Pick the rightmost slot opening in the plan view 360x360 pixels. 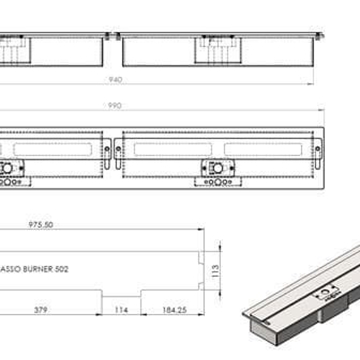click(263, 151)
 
